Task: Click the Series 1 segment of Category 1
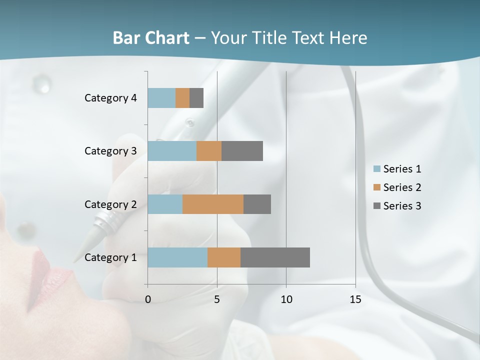[177, 257]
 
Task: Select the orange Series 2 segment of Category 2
[213, 204]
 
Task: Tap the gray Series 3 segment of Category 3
[242, 151]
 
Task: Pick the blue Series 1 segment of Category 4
[161, 98]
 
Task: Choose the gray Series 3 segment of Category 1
[275, 257]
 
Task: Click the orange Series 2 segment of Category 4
[182, 98]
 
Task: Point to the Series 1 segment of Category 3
[172, 151]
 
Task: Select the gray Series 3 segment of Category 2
[257, 204]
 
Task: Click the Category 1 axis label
[110, 257]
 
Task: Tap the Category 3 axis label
[110, 151]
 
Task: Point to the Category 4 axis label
[110, 98]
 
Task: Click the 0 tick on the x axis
[148, 299]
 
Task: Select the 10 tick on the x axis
[286, 299]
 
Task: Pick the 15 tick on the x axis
[355, 299]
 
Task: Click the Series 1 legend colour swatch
[377, 169]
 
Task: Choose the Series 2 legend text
[402, 187]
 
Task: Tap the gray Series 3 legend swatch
[377, 206]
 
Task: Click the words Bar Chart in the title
[151, 38]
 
